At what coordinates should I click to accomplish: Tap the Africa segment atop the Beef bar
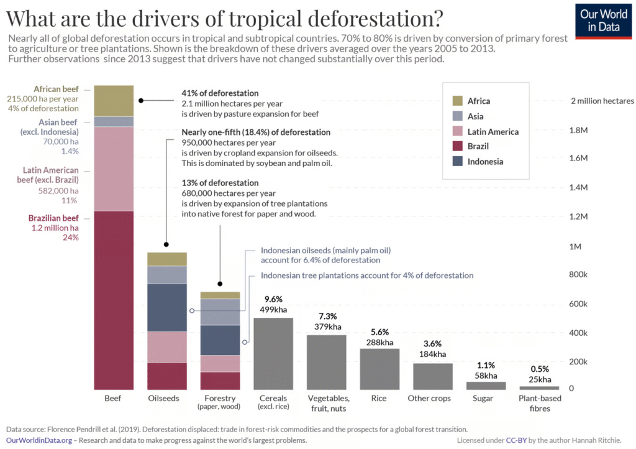click(x=114, y=101)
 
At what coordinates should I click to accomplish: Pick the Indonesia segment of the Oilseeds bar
click(x=167, y=307)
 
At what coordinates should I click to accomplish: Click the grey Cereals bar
click(x=273, y=353)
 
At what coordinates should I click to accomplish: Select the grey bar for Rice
click(x=379, y=369)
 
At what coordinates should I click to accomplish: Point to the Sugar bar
click(x=486, y=386)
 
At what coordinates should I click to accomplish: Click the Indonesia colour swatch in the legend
click(x=458, y=162)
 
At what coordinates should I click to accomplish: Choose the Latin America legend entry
click(x=493, y=131)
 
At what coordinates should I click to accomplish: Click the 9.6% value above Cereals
click(x=273, y=299)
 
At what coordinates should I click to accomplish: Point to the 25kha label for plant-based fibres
click(x=540, y=379)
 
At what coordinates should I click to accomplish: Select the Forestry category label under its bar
click(x=220, y=398)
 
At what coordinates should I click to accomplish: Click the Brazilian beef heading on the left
click(x=53, y=218)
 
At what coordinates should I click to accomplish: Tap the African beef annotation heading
click(x=56, y=89)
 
